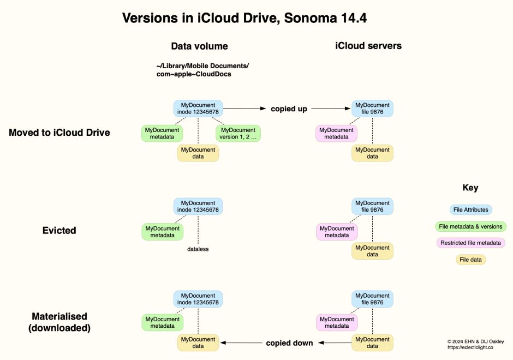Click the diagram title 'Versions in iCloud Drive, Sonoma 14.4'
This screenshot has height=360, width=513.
click(x=244, y=18)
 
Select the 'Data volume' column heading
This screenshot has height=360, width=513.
click(x=199, y=46)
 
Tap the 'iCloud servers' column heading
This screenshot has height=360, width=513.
click(x=368, y=46)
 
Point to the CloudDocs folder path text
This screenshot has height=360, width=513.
click(x=202, y=70)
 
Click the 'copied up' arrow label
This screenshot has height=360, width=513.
click(x=289, y=109)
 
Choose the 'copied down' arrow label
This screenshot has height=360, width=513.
click(x=289, y=343)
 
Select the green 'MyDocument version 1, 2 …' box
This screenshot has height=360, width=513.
click(x=238, y=134)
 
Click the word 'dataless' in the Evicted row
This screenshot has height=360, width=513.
click(x=198, y=249)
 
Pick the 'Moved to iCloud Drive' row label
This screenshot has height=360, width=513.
click(x=59, y=133)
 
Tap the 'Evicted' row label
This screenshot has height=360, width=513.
click(x=59, y=230)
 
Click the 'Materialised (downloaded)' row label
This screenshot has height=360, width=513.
click(x=59, y=322)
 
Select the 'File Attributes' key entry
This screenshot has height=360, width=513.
click(x=470, y=209)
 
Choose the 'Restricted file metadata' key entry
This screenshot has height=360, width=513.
click(x=470, y=243)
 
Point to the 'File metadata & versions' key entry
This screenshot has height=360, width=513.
click(x=470, y=226)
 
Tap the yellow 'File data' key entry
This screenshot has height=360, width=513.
click(x=470, y=260)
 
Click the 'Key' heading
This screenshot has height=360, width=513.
click(x=470, y=188)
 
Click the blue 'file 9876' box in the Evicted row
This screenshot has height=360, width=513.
click(x=372, y=206)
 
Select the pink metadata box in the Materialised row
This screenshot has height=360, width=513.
click(x=337, y=322)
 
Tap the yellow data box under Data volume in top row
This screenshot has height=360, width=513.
click(x=198, y=153)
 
